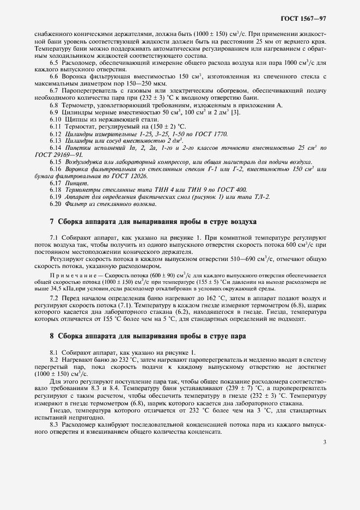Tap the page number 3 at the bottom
325,442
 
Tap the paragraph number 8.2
56,360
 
